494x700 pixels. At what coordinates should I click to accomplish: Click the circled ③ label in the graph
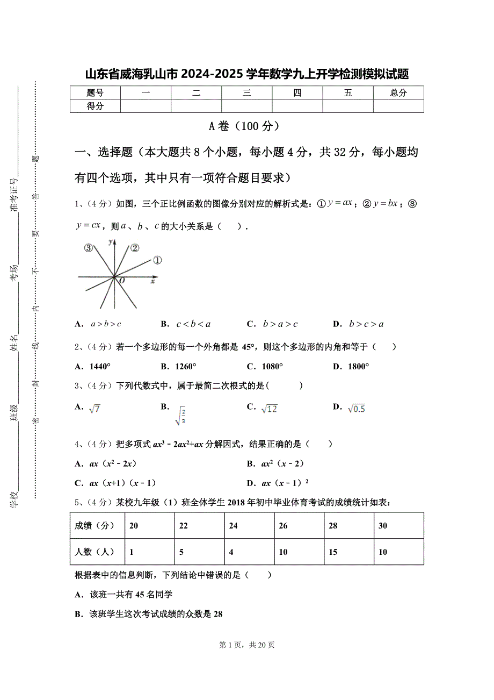click(x=89, y=248)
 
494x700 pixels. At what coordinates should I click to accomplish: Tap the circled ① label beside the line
click(x=157, y=260)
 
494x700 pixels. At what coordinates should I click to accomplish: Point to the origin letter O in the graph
click(x=122, y=281)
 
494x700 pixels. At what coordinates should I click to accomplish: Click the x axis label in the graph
click(x=153, y=281)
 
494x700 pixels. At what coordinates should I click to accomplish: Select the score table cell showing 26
click(x=283, y=525)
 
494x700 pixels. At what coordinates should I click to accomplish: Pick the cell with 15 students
click(x=333, y=552)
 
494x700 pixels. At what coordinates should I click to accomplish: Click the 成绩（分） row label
click(x=95, y=525)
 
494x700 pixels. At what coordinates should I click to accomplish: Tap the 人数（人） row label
click(x=95, y=552)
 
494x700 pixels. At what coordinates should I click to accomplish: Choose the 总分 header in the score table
click(x=398, y=92)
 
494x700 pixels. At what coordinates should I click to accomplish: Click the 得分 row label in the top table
click(x=95, y=106)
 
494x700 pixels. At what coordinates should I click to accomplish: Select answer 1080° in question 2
click(x=272, y=367)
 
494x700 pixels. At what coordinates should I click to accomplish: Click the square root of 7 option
click(x=95, y=409)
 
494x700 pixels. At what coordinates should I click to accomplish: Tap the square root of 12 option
click(x=268, y=409)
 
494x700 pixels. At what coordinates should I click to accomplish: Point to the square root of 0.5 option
click(x=356, y=409)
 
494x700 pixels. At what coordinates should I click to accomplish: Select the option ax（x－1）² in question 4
click(x=285, y=483)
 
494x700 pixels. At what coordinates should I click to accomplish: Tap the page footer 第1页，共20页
click(x=247, y=645)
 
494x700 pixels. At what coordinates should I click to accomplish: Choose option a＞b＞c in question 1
click(x=105, y=324)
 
